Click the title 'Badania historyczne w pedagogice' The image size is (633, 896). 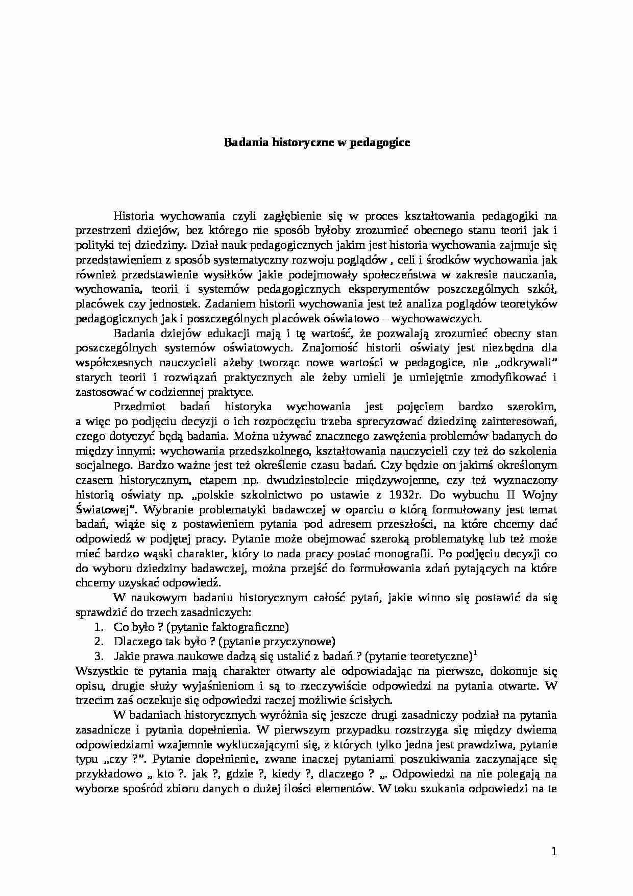pyautogui.click(x=318, y=143)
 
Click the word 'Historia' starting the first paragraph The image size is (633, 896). pyautogui.click(x=133, y=215)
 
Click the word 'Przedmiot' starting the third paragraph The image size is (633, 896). pyautogui.click(x=136, y=407)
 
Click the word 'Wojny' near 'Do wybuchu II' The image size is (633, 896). pyautogui.click(x=542, y=495)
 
